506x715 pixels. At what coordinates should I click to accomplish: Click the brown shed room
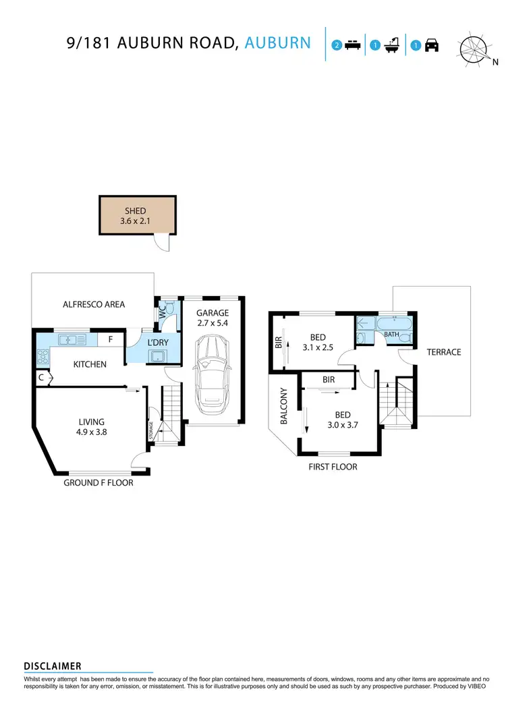138,215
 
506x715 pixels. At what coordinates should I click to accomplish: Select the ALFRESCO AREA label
94,304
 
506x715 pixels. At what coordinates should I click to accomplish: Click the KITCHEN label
90,364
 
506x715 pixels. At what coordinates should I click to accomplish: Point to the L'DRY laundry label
157,343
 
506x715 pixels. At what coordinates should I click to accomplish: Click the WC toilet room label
163,314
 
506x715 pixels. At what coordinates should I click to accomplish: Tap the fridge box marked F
111,340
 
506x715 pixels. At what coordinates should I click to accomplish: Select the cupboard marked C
42,378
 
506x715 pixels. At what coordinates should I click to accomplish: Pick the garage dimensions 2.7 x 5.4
213,324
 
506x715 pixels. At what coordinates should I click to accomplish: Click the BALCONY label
284,406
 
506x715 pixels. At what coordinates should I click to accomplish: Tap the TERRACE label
443,352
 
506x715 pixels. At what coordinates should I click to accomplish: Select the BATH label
391,334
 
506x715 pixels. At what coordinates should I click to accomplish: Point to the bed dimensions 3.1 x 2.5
318,348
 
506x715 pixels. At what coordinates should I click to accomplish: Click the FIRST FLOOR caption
332,467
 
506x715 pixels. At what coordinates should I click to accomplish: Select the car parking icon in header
432,46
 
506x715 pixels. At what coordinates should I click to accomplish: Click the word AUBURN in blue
277,43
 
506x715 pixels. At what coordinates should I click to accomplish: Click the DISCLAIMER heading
53,666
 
